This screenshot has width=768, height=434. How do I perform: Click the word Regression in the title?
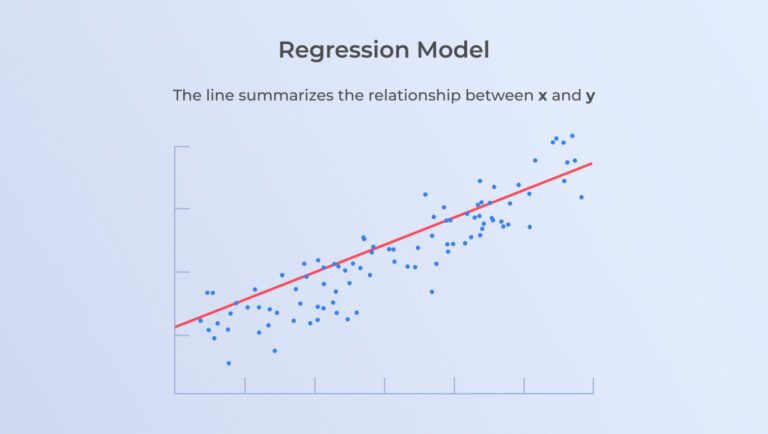pyautogui.click(x=344, y=51)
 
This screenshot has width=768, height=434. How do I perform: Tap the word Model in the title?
pyautogui.click(x=453, y=49)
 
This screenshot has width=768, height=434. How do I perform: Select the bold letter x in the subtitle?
pyautogui.click(x=542, y=96)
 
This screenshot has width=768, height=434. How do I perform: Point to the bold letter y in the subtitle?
pyautogui.click(x=590, y=96)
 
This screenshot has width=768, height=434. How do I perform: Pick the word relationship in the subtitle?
pyautogui.click(x=414, y=96)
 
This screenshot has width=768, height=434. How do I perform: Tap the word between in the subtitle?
pyautogui.click(x=499, y=95)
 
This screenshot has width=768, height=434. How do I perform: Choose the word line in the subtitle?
pyautogui.click(x=219, y=95)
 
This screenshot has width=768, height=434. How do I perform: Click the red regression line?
pyautogui.click(x=384, y=245)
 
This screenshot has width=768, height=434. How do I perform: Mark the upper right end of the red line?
pyautogui.click(x=592, y=163)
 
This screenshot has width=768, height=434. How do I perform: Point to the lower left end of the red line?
pyautogui.click(x=175, y=327)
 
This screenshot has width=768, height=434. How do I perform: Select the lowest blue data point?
pyautogui.click(x=229, y=363)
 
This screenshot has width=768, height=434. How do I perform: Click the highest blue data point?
pyautogui.click(x=572, y=136)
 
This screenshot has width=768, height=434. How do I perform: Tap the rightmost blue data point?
pyautogui.click(x=581, y=197)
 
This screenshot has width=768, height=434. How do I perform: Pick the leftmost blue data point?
pyautogui.click(x=200, y=320)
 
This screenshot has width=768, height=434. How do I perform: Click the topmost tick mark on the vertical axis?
pyautogui.click(x=182, y=146)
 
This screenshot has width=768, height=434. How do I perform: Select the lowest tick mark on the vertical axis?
pyautogui.click(x=182, y=336)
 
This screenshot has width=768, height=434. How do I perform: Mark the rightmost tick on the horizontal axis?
pyautogui.click(x=593, y=385)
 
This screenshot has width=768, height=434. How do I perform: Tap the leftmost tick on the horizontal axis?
pyautogui.click(x=245, y=385)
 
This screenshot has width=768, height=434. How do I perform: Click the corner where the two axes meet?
pyautogui.click(x=175, y=393)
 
